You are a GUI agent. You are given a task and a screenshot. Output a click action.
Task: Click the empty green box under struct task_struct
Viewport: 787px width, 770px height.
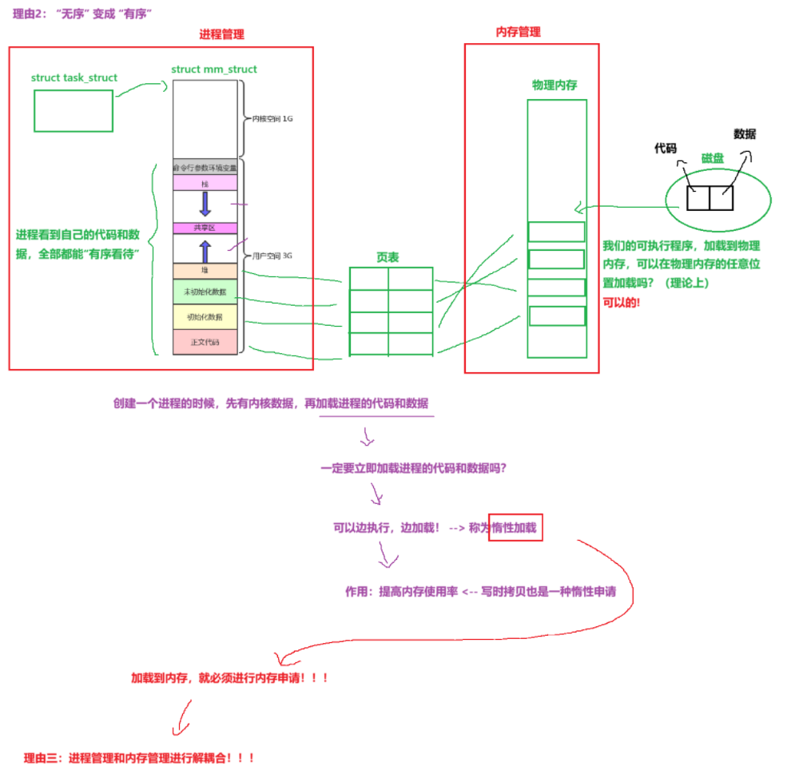tap(73, 110)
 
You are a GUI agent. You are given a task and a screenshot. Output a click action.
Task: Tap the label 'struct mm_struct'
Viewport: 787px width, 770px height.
tap(214, 69)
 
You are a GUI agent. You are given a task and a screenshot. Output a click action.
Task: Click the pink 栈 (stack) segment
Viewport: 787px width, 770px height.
tap(205, 184)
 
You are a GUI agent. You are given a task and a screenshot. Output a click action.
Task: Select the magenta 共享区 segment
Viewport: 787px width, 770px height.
tap(205, 228)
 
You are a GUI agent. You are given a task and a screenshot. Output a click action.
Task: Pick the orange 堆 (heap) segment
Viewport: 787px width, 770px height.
tap(205, 271)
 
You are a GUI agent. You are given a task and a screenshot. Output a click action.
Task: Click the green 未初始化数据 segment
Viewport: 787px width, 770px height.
tap(205, 292)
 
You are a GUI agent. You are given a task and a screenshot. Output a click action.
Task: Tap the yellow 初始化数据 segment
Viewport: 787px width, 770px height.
tap(205, 317)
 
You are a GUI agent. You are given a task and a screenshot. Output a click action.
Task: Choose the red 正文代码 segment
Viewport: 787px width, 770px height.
tap(205, 342)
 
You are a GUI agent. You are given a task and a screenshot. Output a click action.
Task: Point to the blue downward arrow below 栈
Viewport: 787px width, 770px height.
tap(205, 204)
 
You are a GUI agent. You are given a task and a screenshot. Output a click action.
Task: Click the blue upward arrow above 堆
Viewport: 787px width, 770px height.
tap(205, 251)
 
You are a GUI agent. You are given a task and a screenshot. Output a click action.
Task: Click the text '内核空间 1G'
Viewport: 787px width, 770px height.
tap(272, 119)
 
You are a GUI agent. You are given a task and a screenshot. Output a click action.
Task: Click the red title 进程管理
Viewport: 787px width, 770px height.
tap(221, 34)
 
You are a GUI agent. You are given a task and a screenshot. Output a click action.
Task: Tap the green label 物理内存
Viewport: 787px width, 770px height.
tap(554, 85)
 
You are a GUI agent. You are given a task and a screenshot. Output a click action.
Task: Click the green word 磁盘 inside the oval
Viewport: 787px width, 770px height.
tap(713, 159)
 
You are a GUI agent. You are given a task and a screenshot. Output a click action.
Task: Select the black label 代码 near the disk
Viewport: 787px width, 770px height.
tap(666, 149)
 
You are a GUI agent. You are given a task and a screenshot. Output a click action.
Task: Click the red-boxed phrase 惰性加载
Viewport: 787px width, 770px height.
tap(515, 527)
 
